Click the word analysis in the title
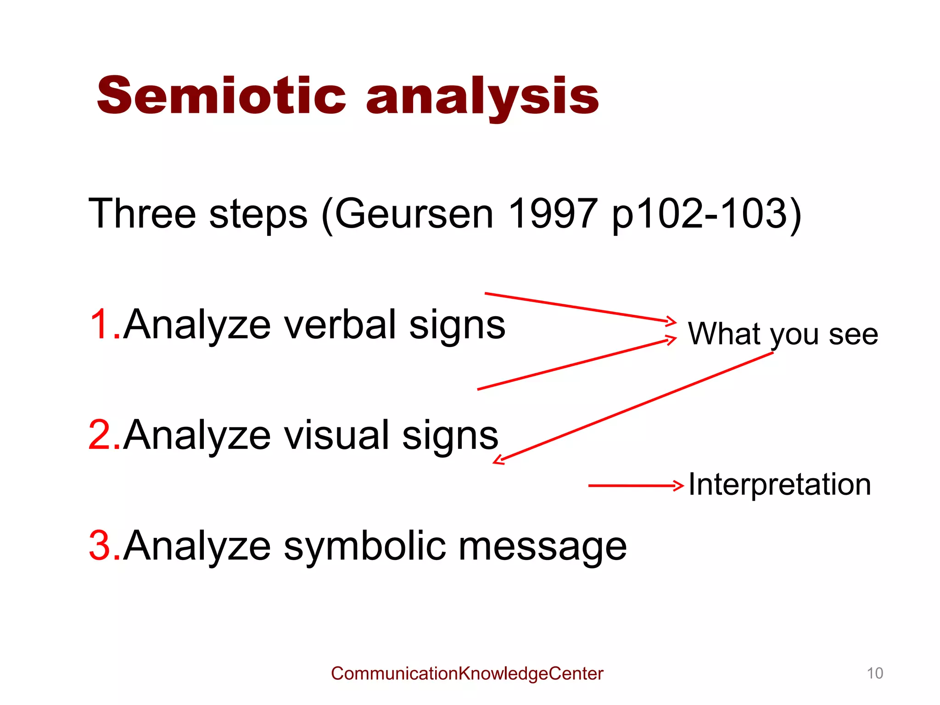pos(482,96)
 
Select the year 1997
pos(553,213)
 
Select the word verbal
pos(340,325)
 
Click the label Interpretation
pos(779,485)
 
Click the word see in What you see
pos(853,334)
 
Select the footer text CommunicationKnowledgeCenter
pos(467,673)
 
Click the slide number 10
pos(874,673)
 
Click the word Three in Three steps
pos(142,213)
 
